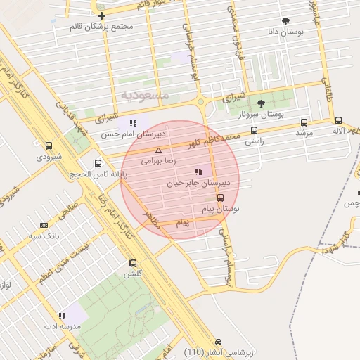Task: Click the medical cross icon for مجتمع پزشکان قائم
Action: [102, 15]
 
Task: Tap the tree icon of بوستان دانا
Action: [285, 21]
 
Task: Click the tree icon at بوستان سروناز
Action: [261, 103]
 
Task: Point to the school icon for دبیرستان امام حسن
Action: [133, 123]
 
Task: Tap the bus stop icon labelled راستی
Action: [254, 130]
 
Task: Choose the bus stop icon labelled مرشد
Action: [304, 122]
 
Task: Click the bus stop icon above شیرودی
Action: [49, 146]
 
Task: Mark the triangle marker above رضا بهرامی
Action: [158, 150]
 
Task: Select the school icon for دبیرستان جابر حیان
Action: [198, 172]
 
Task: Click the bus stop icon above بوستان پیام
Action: [221, 198]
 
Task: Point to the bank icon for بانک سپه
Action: [44, 226]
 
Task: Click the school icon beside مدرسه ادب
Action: [62, 316]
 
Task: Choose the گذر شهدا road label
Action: [335, 242]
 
